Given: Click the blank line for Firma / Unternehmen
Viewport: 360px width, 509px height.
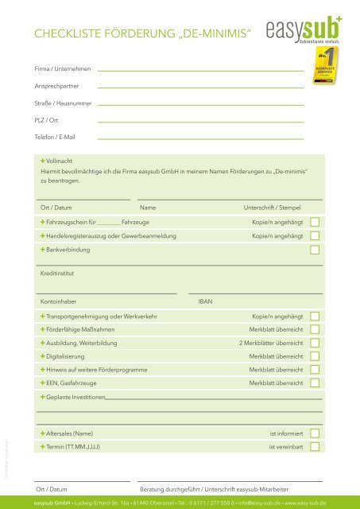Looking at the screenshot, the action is pos(200,71).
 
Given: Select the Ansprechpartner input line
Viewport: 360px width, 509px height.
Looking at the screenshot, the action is pos(200,87).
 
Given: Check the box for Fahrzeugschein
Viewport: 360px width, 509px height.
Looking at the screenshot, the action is pos(315,222).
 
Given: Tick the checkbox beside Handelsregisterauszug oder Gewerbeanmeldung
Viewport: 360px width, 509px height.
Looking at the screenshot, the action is pos(315,236).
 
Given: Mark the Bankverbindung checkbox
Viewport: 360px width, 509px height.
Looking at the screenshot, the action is pos(315,251).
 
